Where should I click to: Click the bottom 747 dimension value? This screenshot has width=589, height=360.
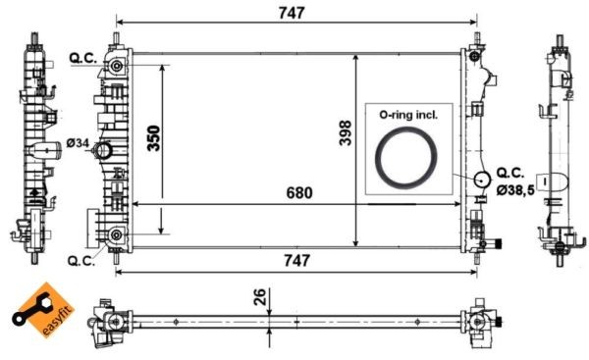[x=295, y=260]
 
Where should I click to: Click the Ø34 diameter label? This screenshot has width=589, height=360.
[x=79, y=145]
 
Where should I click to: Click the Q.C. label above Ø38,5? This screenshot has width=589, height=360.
[x=514, y=171]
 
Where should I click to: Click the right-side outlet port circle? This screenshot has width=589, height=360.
[x=481, y=180]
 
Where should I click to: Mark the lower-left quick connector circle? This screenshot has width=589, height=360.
[x=117, y=235]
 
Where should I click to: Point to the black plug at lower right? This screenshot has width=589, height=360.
[x=498, y=243]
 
